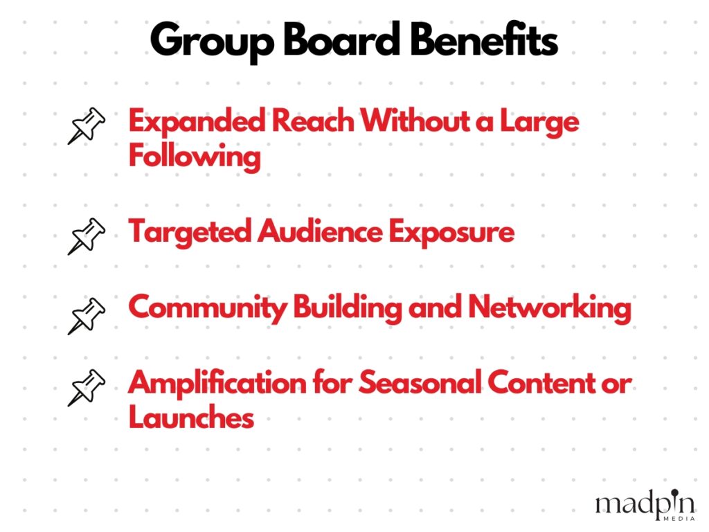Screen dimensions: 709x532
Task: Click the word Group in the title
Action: coord(212,42)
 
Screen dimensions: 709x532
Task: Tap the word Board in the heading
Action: coord(341,39)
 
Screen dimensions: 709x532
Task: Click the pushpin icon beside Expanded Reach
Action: coord(87,126)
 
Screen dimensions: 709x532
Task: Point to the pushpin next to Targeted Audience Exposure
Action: coord(87,236)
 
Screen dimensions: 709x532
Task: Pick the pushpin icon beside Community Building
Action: coord(87,316)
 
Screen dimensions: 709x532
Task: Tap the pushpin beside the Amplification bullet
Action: coord(87,388)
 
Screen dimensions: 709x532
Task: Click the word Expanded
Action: coord(197,122)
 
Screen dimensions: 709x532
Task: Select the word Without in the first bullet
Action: coord(415,121)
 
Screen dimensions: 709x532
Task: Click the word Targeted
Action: coord(190,233)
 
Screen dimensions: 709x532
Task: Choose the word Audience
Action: coord(320,231)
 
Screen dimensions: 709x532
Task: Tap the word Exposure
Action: coord(451,233)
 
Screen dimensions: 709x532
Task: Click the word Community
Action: coord(208,308)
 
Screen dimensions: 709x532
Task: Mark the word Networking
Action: coord(550,308)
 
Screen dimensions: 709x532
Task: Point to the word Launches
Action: coord(191,417)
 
